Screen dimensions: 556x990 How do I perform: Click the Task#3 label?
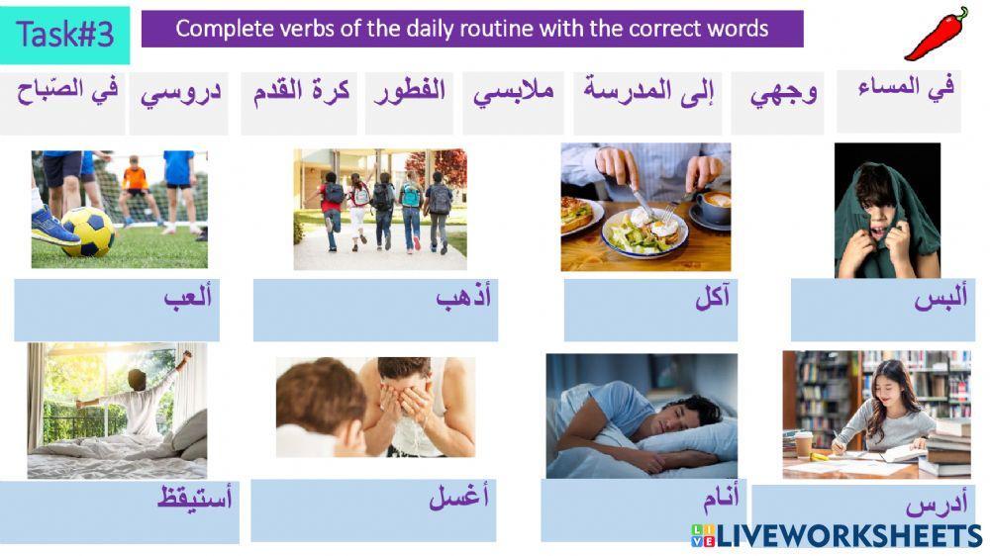pos(65,35)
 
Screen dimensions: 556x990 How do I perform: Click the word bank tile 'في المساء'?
pos(905,88)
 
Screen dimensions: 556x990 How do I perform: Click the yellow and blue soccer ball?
pos(87,232)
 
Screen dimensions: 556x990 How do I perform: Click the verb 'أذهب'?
pos(464,298)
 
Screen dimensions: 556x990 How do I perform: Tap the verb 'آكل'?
pos(712,298)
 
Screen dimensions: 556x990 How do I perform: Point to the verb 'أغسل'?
pos(459,499)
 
